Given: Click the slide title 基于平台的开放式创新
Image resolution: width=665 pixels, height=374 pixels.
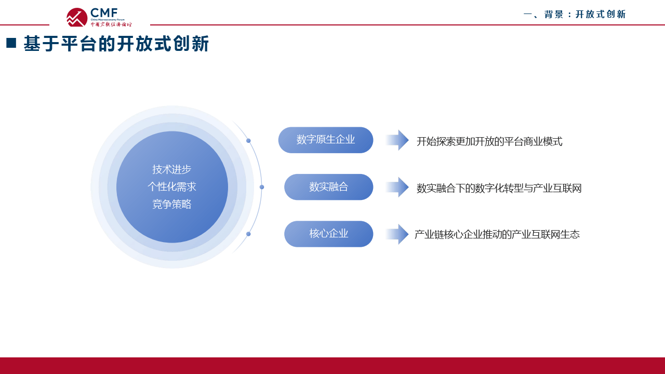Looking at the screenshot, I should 116,44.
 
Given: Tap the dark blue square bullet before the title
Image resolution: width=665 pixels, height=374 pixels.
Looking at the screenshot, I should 11,43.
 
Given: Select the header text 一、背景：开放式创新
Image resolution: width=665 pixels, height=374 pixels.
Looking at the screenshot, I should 575,15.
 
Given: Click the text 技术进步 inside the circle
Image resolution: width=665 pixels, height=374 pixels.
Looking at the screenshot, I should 172,169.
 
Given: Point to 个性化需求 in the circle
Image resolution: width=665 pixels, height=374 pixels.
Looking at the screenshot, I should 172,187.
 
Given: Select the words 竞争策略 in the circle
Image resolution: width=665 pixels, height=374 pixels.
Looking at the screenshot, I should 172,205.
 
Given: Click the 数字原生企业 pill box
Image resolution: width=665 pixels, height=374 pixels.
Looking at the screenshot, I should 326,140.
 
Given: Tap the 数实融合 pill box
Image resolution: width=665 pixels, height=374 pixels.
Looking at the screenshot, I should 328,187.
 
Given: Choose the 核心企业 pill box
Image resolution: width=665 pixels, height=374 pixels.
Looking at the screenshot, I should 328,234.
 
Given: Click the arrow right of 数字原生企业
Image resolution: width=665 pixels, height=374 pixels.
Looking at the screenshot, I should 397,140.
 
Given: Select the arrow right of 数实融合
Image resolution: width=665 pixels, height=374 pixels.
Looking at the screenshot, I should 397,187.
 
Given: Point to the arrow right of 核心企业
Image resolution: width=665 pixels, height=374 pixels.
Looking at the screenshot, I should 397,234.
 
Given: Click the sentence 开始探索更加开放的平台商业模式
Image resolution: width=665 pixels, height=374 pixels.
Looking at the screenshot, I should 489,142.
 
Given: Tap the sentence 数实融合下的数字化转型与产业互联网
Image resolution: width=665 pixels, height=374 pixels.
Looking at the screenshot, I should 499,189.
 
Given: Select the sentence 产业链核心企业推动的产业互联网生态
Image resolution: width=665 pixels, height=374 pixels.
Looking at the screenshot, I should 497,235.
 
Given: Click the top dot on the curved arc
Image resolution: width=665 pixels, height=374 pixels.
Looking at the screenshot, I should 248,141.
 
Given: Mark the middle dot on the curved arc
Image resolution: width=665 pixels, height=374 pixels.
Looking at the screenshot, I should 262,187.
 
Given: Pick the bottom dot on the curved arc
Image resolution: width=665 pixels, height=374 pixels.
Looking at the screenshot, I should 248,234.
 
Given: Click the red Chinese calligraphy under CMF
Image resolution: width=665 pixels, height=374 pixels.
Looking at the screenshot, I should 111,24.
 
